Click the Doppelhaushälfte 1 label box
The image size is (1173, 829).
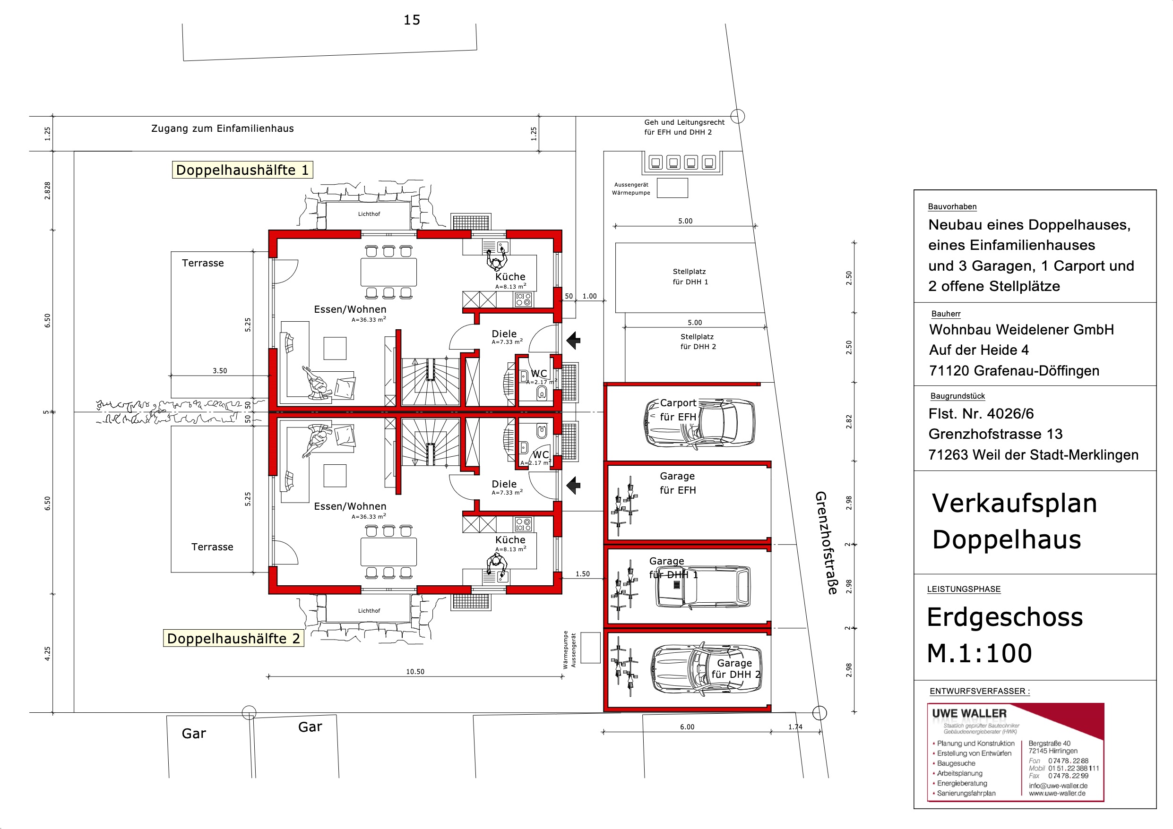pos(242,170)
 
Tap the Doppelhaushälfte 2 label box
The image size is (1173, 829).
pos(233,639)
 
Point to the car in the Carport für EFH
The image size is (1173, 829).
pos(700,423)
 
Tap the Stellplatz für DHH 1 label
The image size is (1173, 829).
pos(690,276)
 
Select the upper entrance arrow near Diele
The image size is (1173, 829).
pos(574,340)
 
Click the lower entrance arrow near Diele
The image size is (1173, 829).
pos(574,485)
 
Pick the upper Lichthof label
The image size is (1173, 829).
pos(369,214)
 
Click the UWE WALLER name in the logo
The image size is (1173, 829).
pos(969,714)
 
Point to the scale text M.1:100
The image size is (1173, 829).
pos(979,653)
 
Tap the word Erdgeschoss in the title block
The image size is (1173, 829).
pos(1004,617)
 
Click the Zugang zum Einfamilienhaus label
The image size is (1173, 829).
pos(223,128)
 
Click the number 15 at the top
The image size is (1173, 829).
pos(412,20)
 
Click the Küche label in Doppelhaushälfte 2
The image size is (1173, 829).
pos(510,540)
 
